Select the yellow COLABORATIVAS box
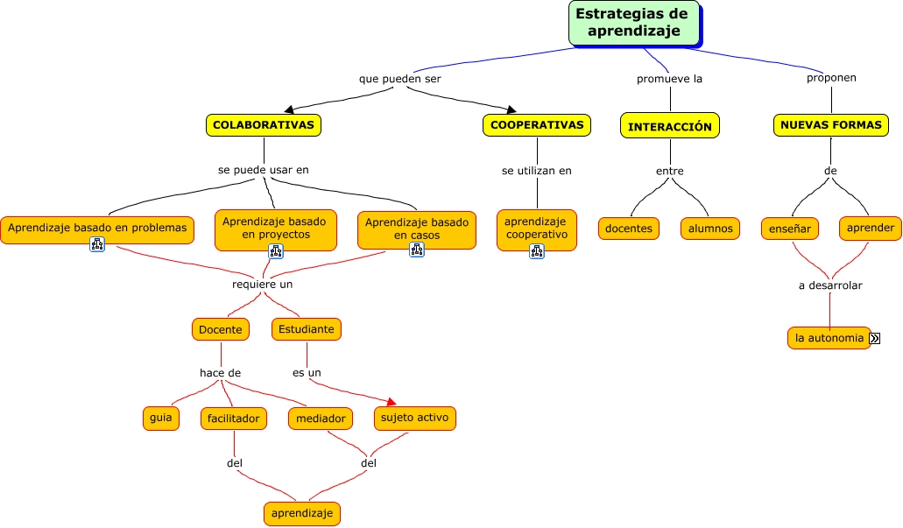264,125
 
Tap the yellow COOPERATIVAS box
537,125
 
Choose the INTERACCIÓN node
670,126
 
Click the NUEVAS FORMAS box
830,125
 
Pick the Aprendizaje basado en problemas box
97,229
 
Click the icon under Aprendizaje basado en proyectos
276,251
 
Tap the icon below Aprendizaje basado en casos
416,250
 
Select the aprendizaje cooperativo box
536,229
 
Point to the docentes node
629,229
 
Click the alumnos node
710,229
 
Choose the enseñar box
790,229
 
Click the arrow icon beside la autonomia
874,338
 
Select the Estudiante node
307,329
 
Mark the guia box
160,419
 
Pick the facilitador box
233,419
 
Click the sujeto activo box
415,418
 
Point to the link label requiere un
262,285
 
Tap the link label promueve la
669,79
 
